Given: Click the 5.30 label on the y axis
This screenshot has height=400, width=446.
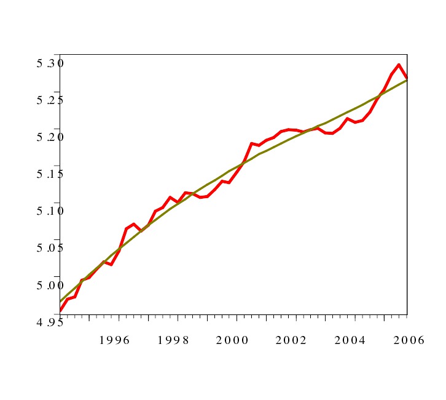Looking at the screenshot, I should [50, 63].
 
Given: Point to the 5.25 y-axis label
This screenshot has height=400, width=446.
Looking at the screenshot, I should [50, 100].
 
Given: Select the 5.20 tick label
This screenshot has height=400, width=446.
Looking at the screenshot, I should [50, 137].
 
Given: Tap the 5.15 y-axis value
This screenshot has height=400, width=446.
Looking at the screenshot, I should [50, 174].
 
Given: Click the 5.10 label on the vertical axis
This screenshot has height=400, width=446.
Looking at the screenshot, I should [50, 211].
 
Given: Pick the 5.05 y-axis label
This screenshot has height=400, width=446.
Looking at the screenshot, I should [50, 248].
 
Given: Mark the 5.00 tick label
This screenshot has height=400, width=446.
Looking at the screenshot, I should [50, 285].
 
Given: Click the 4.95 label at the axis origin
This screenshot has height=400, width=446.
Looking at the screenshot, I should [50, 322].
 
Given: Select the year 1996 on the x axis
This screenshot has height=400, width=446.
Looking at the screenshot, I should [114, 340].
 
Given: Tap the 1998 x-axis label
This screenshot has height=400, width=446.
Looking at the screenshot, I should [173, 340].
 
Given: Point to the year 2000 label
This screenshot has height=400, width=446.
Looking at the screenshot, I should [232, 340].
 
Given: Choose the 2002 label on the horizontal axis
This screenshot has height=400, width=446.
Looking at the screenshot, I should [291, 340].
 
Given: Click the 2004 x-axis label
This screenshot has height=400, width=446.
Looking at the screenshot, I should [350, 340].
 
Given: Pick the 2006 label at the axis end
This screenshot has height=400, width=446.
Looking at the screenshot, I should [409, 340].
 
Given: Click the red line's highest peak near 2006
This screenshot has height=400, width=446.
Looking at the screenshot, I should [399, 65].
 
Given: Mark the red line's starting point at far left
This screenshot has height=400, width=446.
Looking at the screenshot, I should [60, 311].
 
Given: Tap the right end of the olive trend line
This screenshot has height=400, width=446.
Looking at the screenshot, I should [407, 80].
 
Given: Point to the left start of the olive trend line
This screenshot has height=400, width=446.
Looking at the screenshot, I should [60, 301].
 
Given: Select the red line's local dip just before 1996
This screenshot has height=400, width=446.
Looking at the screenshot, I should [111, 264].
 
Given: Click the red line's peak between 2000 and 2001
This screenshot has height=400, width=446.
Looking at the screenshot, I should [252, 143].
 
